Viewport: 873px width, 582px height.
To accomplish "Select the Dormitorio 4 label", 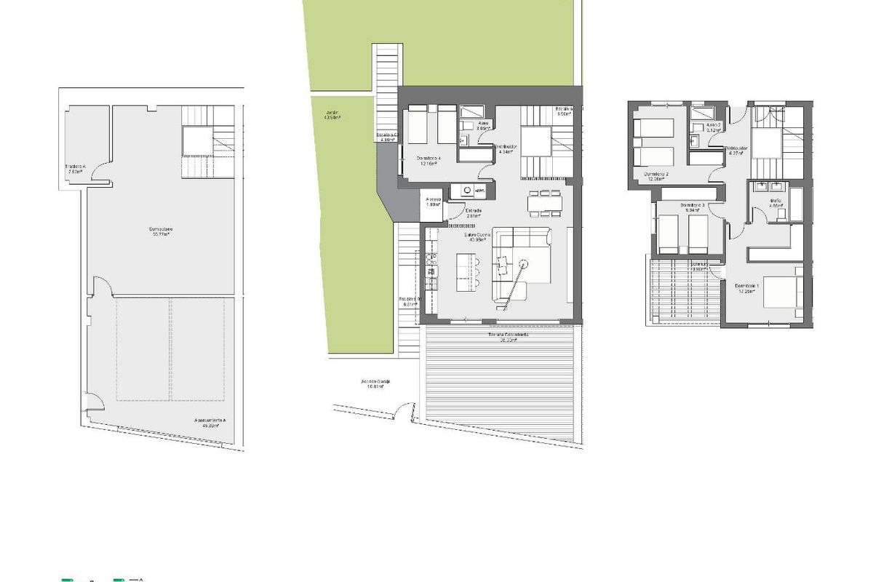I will click(428, 161).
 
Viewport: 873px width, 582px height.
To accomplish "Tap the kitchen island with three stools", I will click(469, 272).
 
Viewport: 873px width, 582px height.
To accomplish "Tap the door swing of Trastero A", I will click(103, 173).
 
